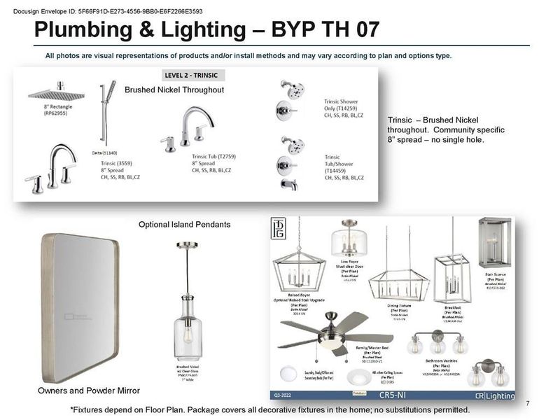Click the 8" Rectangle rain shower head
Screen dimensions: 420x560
tap(55, 94)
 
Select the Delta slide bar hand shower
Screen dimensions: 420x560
tap(107, 112)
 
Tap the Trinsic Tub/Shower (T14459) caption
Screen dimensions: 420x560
tap(344, 168)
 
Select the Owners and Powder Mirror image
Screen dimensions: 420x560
tap(80, 308)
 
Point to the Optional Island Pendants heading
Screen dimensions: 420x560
tap(184, 225)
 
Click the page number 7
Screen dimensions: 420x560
tap(526, 402)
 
